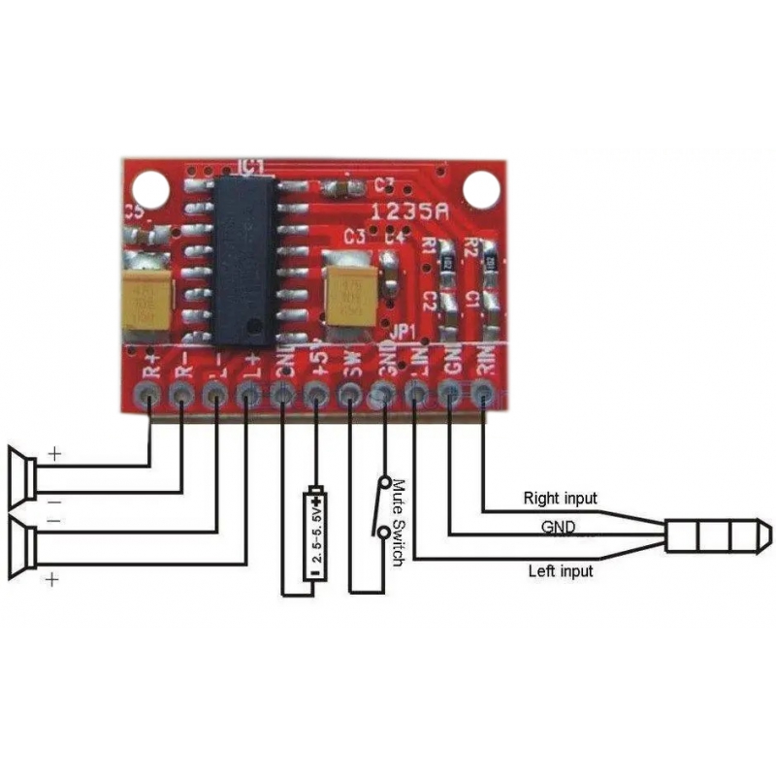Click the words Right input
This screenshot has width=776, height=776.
561,499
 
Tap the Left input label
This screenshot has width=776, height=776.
560,570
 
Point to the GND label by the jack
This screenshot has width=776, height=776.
561,528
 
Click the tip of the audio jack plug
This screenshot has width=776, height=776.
765,533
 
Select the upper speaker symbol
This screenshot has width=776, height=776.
23,474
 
